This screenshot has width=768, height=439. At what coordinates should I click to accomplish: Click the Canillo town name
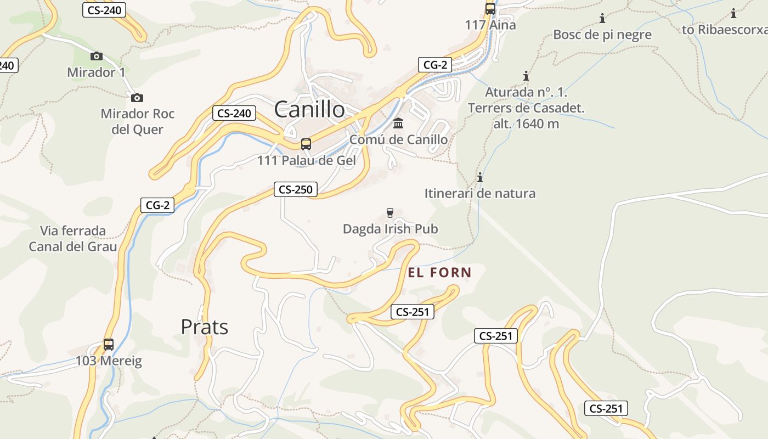309,109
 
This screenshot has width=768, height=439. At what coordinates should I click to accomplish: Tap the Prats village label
204,327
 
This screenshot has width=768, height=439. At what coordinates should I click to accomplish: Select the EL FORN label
439,272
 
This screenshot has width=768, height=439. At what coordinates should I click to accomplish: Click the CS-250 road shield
296,190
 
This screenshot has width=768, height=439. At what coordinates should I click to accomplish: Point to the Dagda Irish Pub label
390,229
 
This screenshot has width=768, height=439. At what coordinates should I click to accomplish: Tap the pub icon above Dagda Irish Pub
390,213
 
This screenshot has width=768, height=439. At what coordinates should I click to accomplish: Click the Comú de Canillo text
398,139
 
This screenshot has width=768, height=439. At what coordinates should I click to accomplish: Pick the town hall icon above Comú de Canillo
398,123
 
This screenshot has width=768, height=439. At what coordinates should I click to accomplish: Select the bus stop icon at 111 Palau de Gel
306,144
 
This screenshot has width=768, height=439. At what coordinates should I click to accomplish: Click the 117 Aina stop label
490,25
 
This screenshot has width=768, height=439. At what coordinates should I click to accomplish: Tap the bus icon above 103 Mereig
109,345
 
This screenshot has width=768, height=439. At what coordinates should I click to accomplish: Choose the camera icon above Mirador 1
97,56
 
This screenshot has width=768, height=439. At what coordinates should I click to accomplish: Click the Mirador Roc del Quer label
137,121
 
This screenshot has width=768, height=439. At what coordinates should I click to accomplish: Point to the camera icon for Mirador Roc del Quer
137,98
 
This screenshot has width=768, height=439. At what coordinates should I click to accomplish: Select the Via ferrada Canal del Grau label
73,239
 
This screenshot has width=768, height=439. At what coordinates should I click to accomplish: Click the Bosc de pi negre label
602,35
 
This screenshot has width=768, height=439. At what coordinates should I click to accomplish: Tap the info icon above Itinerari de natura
480,177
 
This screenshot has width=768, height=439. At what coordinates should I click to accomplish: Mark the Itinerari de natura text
480,193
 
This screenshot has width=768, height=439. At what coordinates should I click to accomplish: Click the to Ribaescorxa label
725,30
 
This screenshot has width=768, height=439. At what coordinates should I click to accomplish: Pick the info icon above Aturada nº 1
526,76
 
